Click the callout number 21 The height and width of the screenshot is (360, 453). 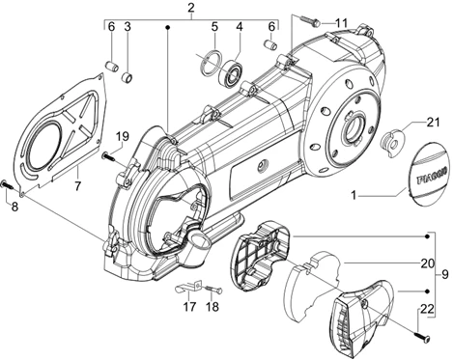coord(433,123)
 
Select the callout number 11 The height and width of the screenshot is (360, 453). coord(341,23)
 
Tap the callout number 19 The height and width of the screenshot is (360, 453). coord(123,136)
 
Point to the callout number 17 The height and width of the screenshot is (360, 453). coord(189,307)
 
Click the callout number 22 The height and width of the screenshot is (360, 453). coord(427,311)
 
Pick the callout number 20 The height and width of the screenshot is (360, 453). coord(428,263)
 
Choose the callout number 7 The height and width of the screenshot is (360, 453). coord(77,186)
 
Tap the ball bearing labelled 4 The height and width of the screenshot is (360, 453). coord(230,71)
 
